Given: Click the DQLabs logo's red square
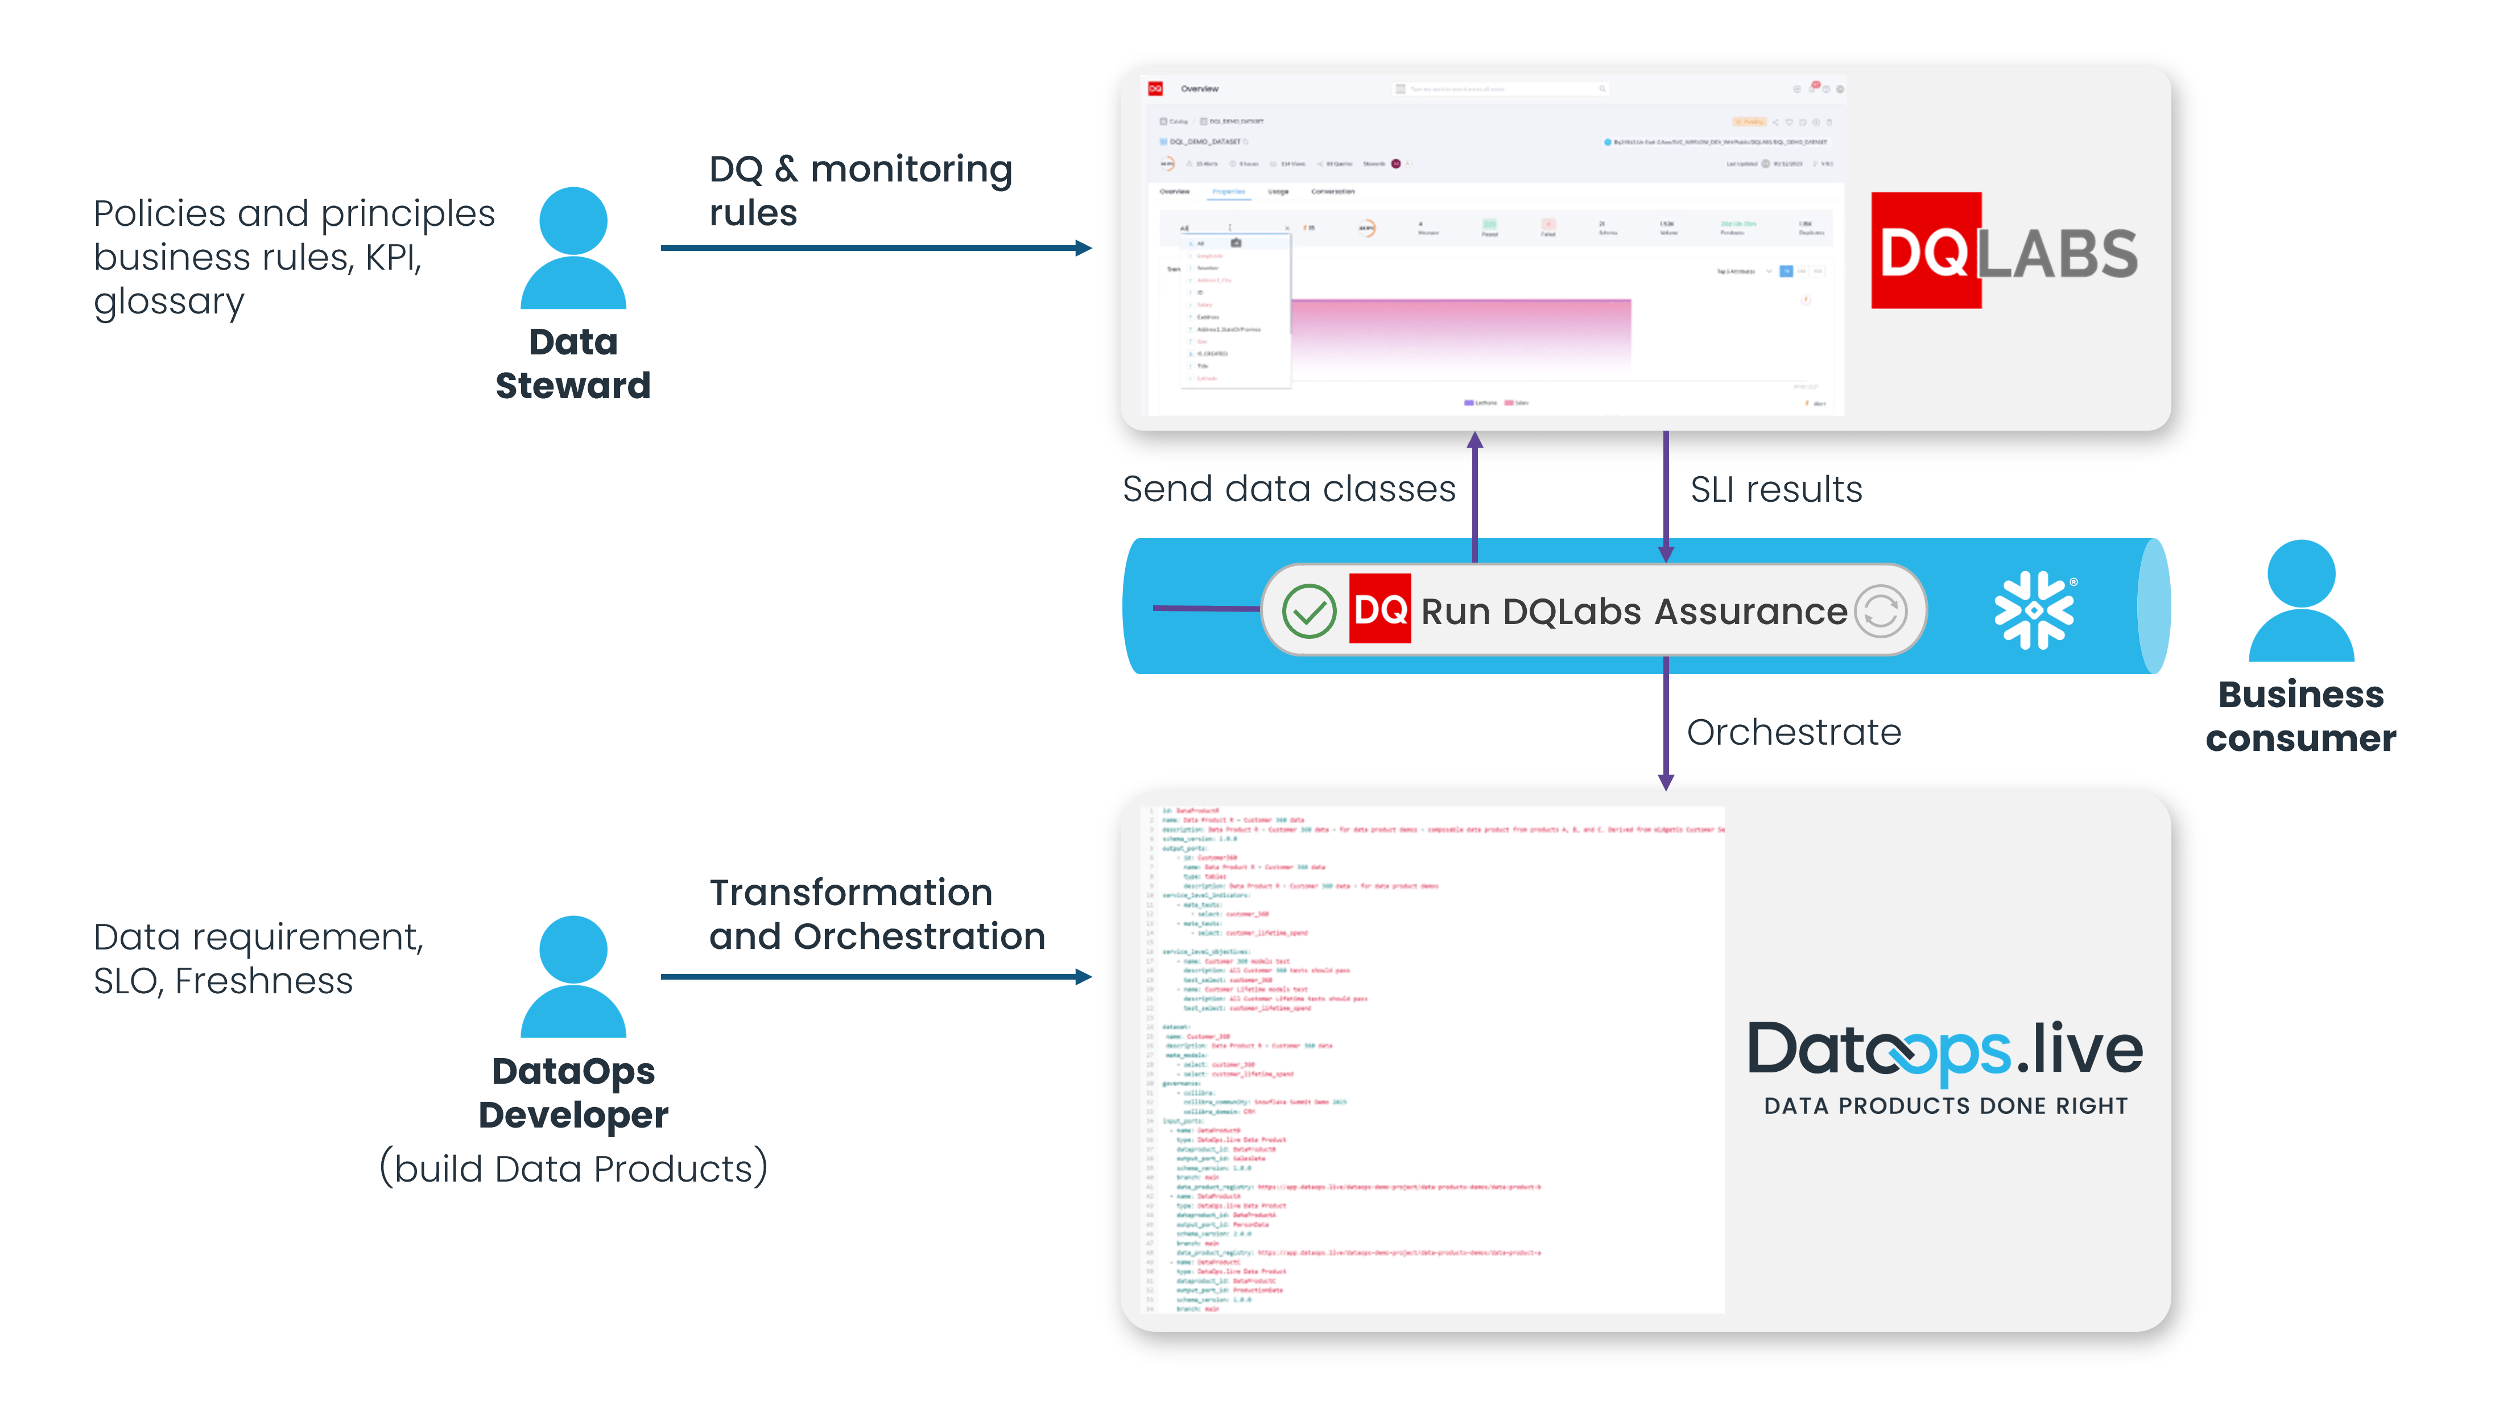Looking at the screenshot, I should [x=1926, y=251].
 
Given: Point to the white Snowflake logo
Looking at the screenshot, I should [x=2034, y=610].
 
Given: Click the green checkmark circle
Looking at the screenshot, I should [x=1309, y=611].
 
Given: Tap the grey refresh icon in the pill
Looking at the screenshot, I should [x=1881, y=611].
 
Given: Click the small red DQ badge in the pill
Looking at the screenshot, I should [x=1379, y=609].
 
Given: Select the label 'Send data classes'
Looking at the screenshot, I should [x=1288, y=489].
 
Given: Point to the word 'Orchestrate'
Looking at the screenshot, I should [x=1794, y=732].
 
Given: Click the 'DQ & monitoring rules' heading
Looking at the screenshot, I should [x=860, y=191].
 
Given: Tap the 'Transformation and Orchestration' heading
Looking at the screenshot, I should [x=877, y=914].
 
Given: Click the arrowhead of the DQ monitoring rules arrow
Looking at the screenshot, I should [x=1084, y=248].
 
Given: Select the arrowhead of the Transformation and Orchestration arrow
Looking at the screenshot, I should [x=1084, y=977].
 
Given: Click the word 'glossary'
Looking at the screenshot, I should [x=169, y=302].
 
